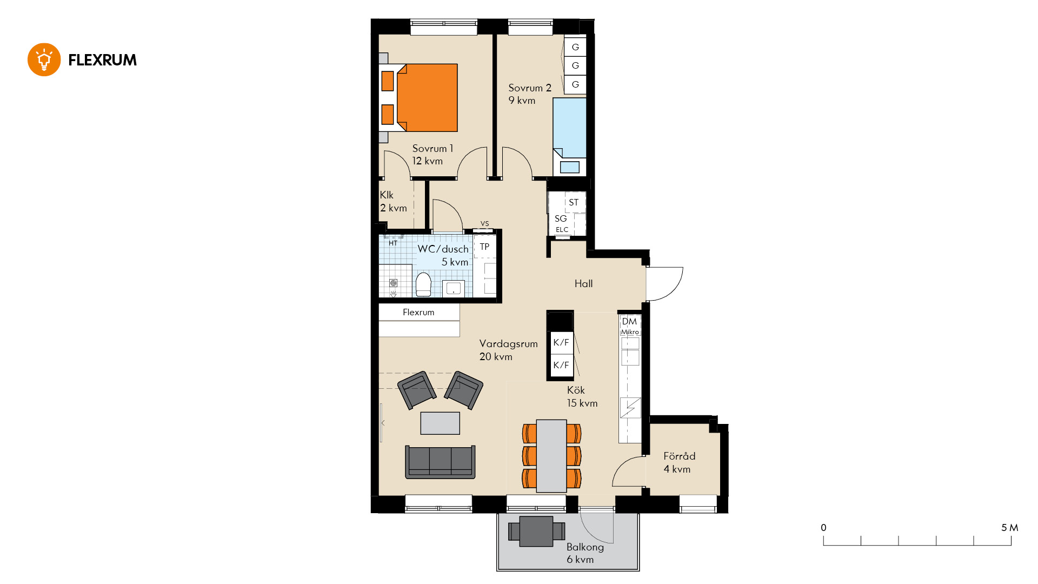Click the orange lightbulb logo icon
coord(44,59)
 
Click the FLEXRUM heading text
coord(102,60)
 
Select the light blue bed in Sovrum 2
coord(569,128)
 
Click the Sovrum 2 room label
coord(530,94)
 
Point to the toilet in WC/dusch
coord(423,284)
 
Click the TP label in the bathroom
coord(484,247)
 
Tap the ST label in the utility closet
coord(574,202)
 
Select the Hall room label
coord(583,283)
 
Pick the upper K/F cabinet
coord(561,342)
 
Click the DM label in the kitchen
coord(629,321)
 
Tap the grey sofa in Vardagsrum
coord(440,462)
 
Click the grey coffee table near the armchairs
coord(440,423)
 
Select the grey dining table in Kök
coord(551,456)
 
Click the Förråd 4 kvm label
coord(679,462)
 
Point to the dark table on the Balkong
coord(536,531)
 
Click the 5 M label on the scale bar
coord(1009,528)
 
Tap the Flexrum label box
coord(419,312)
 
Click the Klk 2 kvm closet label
coord(393,201)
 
